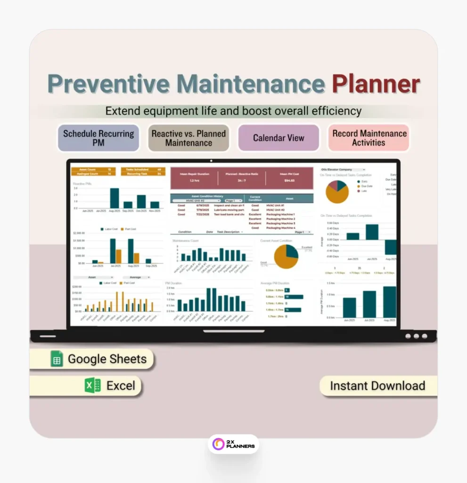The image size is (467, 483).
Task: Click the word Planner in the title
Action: click(375, 84)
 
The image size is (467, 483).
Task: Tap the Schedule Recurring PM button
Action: click(98, 138)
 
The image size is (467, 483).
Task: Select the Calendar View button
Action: click(279, 138)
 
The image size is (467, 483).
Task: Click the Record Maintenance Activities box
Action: click(369, 138)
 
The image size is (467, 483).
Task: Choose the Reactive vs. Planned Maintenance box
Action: click(188, 138)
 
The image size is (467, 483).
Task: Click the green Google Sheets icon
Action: click(57, 359)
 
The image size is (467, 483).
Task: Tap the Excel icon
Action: click(92, 385)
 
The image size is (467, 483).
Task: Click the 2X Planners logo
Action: click(233, 443)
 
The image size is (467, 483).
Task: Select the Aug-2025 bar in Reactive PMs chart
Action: click(114, 198)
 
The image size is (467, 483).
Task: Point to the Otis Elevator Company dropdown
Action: click(343, 169)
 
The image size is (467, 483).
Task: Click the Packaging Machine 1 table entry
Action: click(281, 214)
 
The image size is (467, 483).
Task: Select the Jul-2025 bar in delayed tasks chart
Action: click(372, 232)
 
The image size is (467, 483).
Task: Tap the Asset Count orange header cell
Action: click(88, 169)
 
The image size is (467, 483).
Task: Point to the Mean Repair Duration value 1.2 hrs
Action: click(195, 181)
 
